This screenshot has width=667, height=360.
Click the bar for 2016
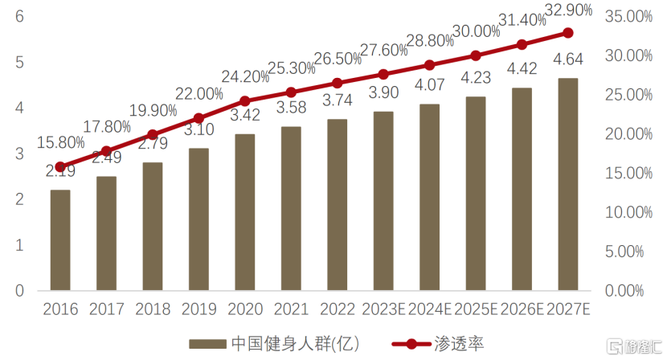click(x=60, y=240)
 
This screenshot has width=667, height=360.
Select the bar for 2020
click(x=244, y=212)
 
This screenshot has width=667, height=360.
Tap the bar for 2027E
click(x=567, y=184)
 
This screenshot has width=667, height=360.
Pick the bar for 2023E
click(x=383, y=201)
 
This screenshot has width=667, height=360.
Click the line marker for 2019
click(x=198, y=118)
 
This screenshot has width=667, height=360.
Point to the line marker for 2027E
click(x=567, y=33)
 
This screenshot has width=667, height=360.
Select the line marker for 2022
click(x=337, y=83)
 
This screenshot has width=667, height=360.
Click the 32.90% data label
click(x=567, y=10)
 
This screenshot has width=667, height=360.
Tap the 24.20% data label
click(x=244, y=77)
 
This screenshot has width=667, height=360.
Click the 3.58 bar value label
click(x=291, y=108)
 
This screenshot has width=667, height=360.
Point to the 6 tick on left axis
click(x=19, y=16)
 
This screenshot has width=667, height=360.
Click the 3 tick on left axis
click(x=19, y=153)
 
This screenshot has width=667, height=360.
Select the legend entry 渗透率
click(x=438, y=343)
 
